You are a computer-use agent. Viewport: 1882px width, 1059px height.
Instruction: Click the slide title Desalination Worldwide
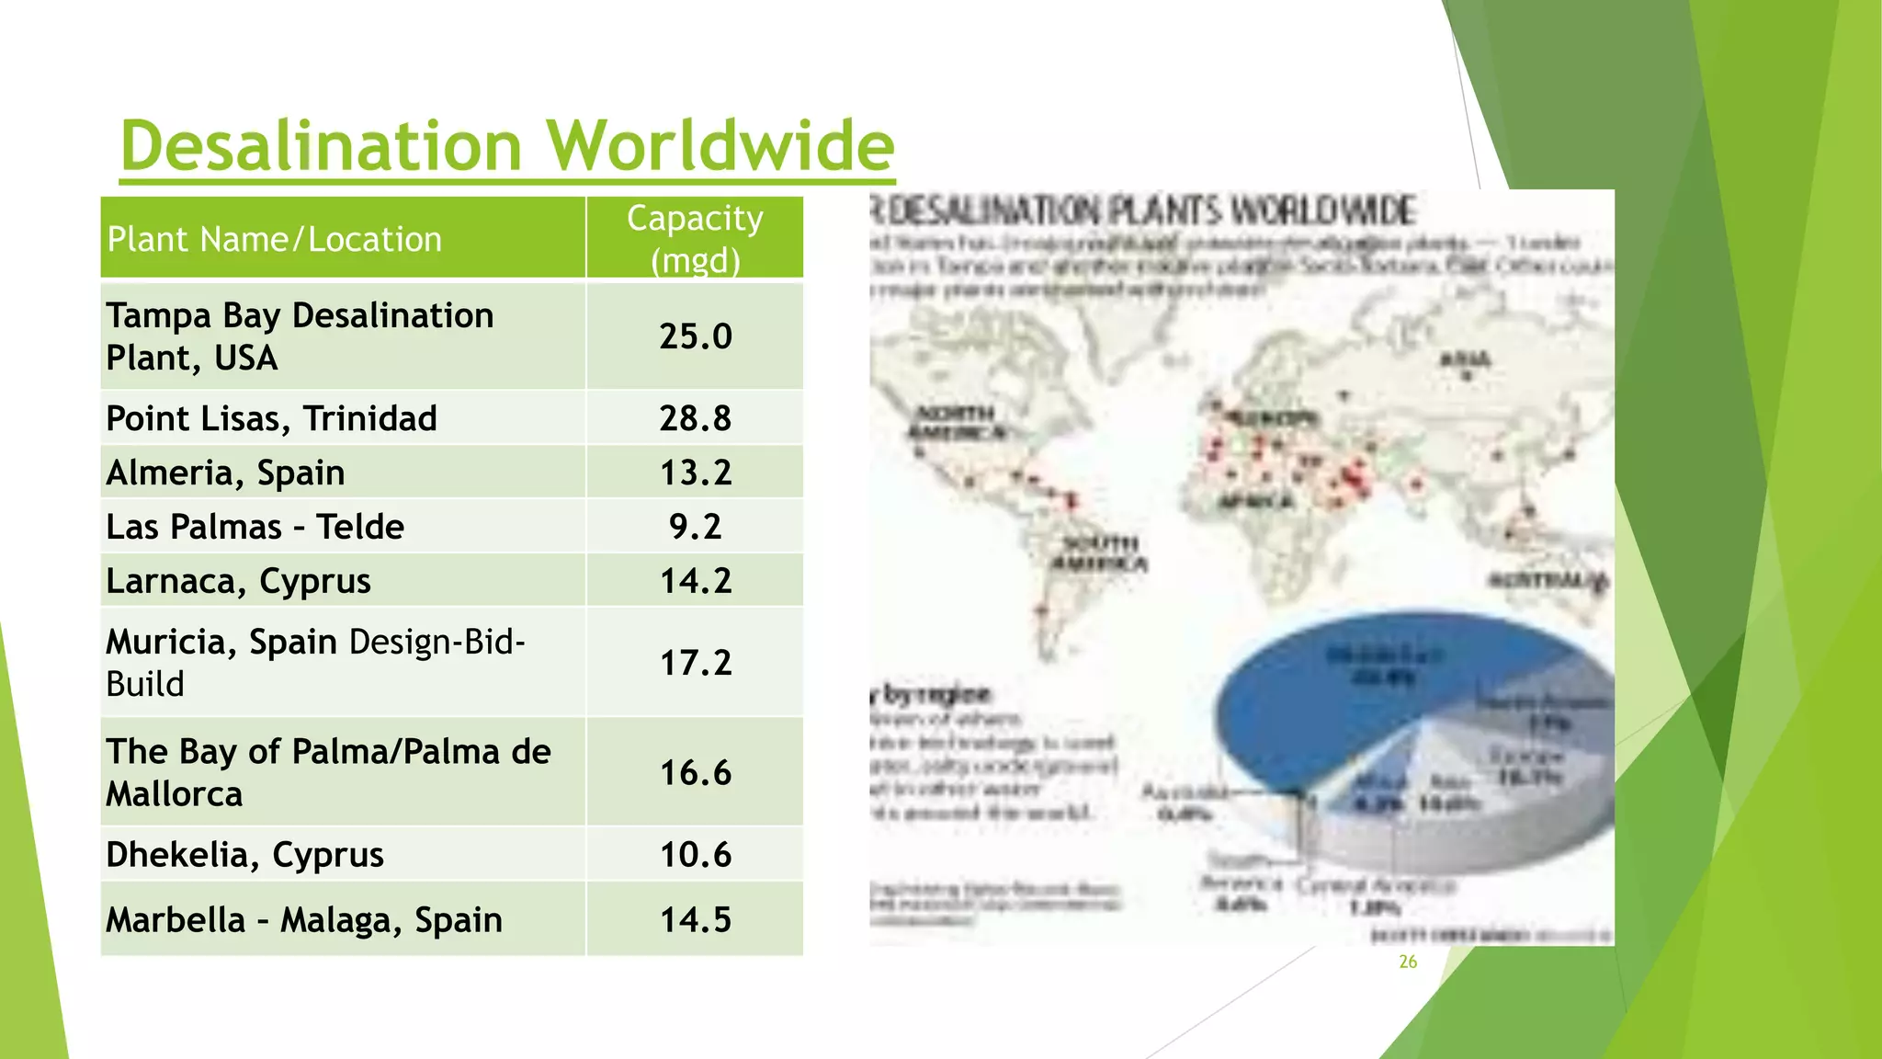coord(506,145)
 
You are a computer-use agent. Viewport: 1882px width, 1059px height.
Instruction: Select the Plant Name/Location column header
coord(274,239)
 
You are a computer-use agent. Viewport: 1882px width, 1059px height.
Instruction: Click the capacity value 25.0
coord(695,336)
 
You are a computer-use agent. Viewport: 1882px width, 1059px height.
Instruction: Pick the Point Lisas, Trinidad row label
coord(271,418)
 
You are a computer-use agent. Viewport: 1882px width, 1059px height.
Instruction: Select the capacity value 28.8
coord(695,418)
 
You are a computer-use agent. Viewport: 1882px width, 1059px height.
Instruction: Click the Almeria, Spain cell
coord(225,473)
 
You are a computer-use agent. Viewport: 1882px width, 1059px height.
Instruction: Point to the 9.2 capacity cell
coord(695,527)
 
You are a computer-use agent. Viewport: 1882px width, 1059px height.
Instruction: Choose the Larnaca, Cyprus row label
coord(238,581)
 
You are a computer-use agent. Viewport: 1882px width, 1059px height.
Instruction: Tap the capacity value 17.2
coord(695,663)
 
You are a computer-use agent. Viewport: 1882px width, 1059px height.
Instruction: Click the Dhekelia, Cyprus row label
coord(244,855)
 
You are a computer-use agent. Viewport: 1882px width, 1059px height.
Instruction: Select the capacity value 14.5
coord(695,919)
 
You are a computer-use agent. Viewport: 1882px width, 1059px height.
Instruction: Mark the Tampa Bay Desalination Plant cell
coord(300,336)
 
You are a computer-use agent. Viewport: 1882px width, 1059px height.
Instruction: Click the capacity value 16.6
coord(695,772)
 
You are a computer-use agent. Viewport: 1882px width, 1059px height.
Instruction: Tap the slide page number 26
coord(1408,962)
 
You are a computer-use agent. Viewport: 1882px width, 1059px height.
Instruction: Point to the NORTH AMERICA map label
coord(956,423)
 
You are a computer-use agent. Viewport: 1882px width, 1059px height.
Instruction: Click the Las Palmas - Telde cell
coord(255,527)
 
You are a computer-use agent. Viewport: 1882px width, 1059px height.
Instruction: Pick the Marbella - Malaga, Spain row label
coord(303,919)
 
